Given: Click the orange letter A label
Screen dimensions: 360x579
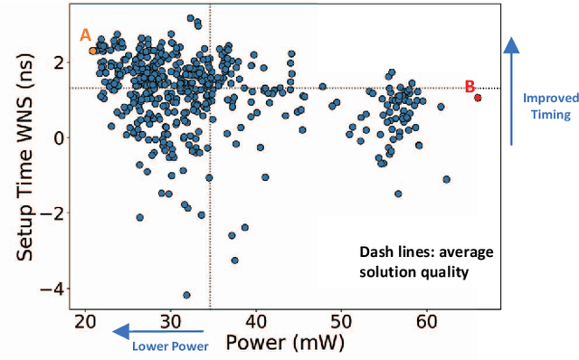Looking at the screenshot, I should tap(86, 35).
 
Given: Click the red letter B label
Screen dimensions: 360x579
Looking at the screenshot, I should tap(470, 87).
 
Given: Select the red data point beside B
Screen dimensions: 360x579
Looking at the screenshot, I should tap(478, 98).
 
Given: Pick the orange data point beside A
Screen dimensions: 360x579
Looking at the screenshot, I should tap(92, 51).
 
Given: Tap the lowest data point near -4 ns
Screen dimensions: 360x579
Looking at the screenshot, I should tap(186, 295).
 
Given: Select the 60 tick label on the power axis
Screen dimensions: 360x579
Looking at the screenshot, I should tap(427, 322).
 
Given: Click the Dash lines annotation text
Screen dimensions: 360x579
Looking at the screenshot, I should tap(414, 262).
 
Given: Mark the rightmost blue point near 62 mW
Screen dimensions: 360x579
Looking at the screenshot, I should tap(446, 179).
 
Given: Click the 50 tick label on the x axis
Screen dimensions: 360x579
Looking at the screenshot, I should tap(341, 322).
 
